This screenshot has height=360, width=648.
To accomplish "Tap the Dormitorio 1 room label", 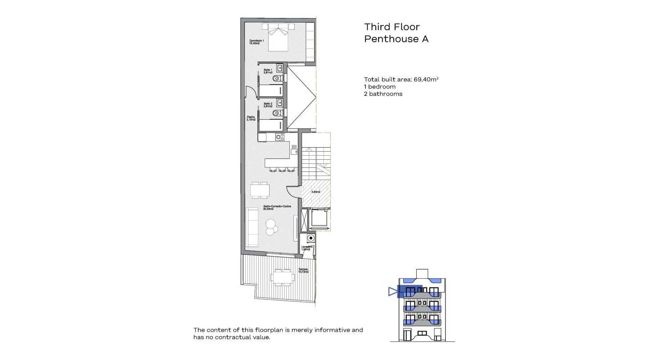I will click(256, 42).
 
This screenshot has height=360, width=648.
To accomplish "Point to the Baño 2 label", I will click(268, 105).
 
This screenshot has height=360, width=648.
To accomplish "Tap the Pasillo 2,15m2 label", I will click(251, 118).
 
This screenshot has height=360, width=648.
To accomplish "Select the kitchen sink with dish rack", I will click(294, 149).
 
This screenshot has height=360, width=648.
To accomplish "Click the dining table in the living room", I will click(260, 189).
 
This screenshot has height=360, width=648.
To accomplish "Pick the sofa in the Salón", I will click(252, 228).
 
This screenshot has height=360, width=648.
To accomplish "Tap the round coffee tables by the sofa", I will click(271, 226).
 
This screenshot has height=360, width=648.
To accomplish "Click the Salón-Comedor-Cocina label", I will click(277, 207).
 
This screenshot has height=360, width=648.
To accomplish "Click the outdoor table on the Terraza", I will click(282, 277).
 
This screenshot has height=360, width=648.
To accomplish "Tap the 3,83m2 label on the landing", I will click(316, 192).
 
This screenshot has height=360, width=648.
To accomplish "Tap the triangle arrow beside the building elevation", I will click(392, 292).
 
